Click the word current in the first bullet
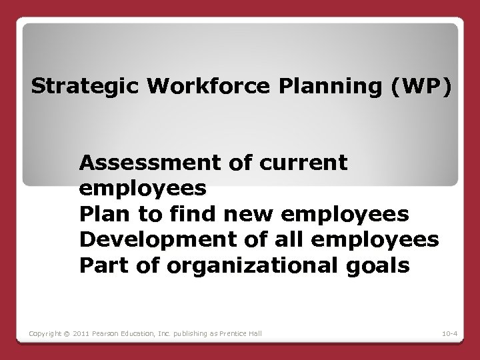coord(306,162)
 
